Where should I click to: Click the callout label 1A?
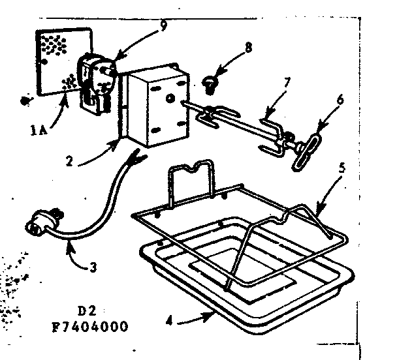37,130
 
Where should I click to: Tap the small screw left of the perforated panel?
25,100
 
